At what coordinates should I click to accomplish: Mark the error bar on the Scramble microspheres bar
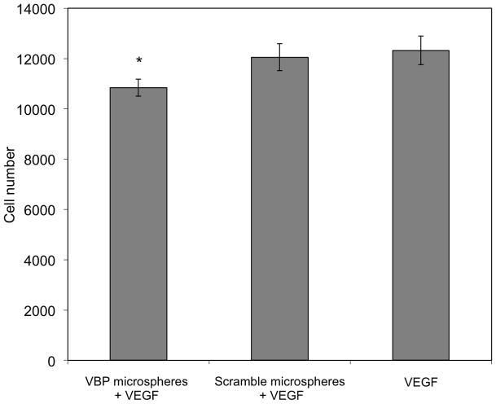[x=279, y=57]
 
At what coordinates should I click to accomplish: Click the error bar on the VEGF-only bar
[x=420, y=50]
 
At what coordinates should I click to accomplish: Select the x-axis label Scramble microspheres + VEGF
[x=279, y=388]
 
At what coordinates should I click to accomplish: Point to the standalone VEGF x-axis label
[x=420, y=381]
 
